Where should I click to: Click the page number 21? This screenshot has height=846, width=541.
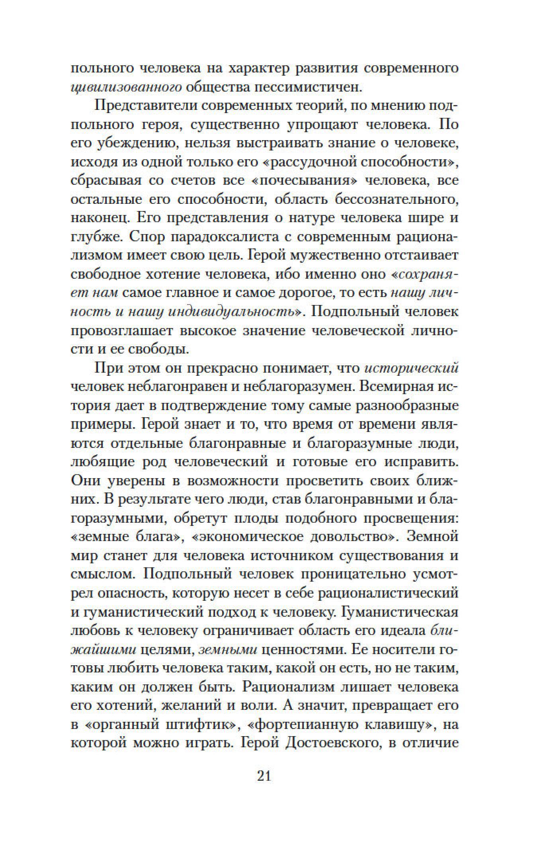[264, 776]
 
